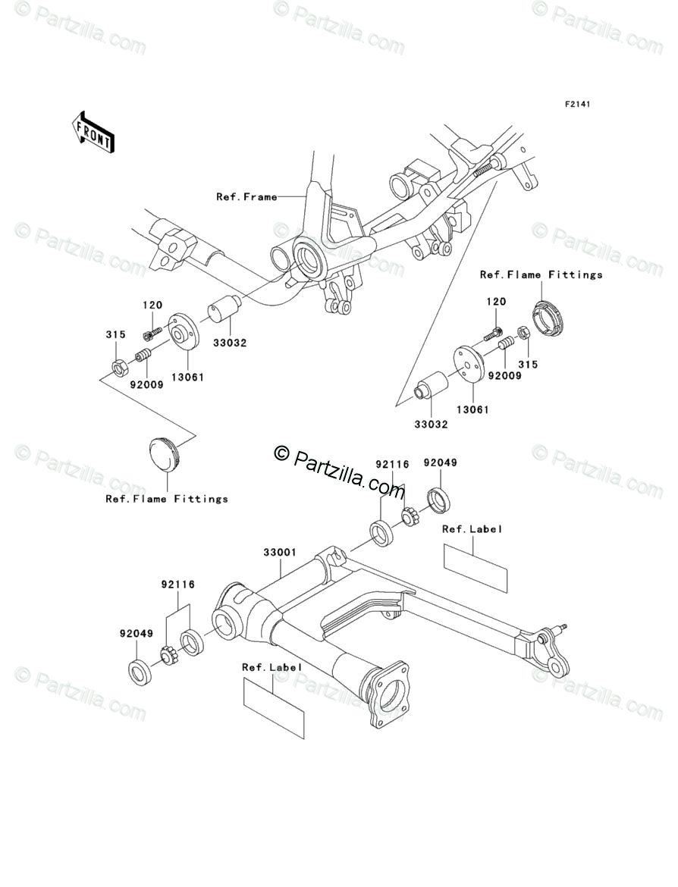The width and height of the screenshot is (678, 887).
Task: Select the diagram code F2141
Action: click(x=576, y=104)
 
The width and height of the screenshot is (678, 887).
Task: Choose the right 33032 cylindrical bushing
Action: click(x=431, y=386)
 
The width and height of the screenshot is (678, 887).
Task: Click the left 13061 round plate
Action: click(x=183, y=332)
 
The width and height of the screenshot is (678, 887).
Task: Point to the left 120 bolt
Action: click(x=152, y=331)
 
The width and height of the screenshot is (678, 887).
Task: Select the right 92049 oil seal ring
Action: click(x=438, y=499)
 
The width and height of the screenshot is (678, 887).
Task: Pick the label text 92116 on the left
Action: click(x=177, y=585)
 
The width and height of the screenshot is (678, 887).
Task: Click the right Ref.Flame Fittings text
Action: click(x=541, y=274)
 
